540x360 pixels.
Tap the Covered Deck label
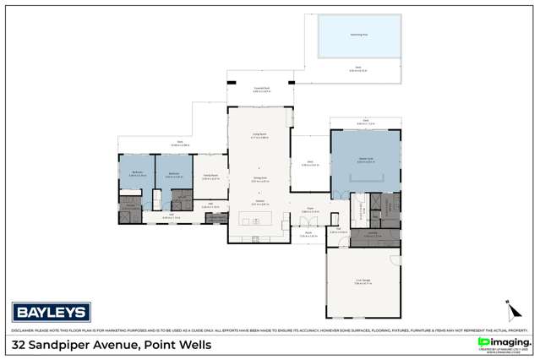[x=261, y=89]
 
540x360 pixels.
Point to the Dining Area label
[x=260, y=179]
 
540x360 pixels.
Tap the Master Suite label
[x=365, y=160]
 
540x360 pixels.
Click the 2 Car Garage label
[x=363, y=282]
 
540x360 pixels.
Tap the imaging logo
[x=504, y=341]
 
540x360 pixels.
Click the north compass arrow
[x=510, y=308]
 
